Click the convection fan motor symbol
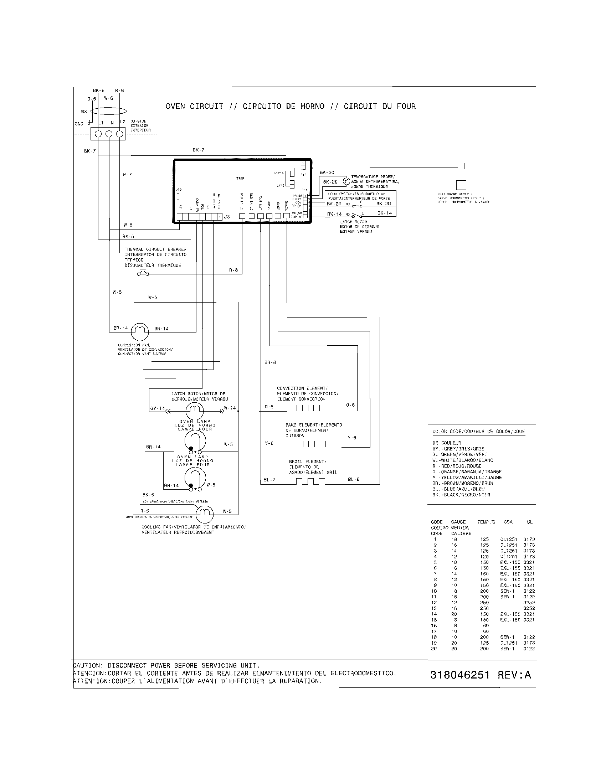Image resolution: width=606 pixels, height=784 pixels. click(x=140, y=332)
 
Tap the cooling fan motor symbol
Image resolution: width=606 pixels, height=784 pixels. click(x=205, y=514)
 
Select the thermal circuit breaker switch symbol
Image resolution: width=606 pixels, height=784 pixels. click(x=143, y=274)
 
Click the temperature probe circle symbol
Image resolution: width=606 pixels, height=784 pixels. click(x=346, y=182)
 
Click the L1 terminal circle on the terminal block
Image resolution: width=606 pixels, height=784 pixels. click(x=98, y=134)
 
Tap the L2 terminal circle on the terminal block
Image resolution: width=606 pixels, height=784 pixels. click(x=120, y=134)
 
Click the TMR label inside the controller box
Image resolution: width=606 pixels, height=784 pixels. click(x=240, y=179)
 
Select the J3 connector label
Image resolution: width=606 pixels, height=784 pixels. click(x=227, y=217)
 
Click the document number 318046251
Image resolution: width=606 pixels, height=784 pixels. click(x=459, y=675)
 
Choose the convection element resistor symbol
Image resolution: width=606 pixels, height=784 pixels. click(x=305, y=408)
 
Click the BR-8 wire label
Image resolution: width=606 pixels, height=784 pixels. click(x=270, y=362)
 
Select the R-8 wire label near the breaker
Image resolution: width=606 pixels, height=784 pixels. click(x=233, y=270)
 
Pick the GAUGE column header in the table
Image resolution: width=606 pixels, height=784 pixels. click(x=458, y=522)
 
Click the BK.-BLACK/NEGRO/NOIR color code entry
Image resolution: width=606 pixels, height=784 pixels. click(x=461, y=495)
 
